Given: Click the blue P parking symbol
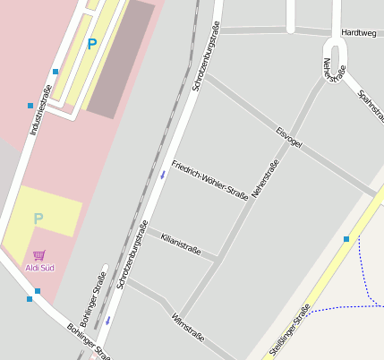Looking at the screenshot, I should (x=91, y=42).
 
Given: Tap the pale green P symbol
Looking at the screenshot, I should (x=38, y=219).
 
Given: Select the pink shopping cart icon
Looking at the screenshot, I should (x=38, y=256).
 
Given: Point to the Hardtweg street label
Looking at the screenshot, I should (x=359, y=33).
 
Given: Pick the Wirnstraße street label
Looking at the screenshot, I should (x=188, y=328).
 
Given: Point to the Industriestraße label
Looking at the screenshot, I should (x=41, y=110).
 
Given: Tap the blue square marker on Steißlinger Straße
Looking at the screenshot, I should (x=346, y=239).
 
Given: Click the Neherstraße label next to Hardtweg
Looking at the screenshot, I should (x=333, y=71).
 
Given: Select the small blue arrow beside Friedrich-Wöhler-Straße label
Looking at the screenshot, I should (x=162, y=176).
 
